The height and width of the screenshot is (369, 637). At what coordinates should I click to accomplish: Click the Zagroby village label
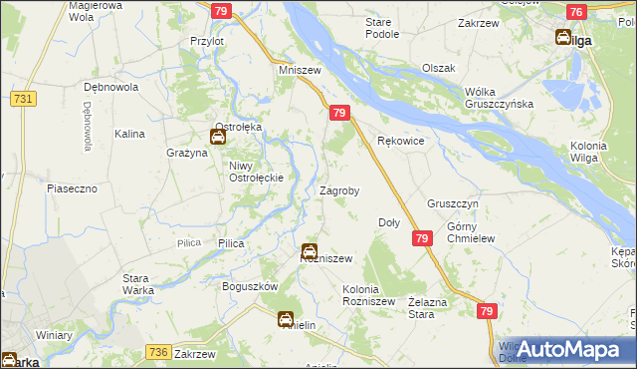pos(339,189)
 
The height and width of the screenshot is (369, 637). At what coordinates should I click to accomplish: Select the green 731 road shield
pos(25,99)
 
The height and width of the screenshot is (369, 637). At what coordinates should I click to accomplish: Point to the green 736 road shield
pos(157,352)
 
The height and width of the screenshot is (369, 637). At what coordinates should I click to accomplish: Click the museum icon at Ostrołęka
pos(217,137)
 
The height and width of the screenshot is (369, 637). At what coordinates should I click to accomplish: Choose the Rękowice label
pos(401,142)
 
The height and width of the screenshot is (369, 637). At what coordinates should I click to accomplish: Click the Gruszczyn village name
pos(454,202)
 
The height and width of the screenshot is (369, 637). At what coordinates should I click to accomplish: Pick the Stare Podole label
pos(382,28)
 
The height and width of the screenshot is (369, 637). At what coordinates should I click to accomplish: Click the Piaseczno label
pos(71,187)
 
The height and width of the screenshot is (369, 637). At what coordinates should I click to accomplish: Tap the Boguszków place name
pos(223,286)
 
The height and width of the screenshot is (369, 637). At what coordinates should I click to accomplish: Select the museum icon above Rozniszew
pos(310,251)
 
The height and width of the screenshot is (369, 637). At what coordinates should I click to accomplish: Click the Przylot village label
pos(207,41)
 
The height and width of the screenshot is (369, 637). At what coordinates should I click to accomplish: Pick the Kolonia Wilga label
pos(588,153)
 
